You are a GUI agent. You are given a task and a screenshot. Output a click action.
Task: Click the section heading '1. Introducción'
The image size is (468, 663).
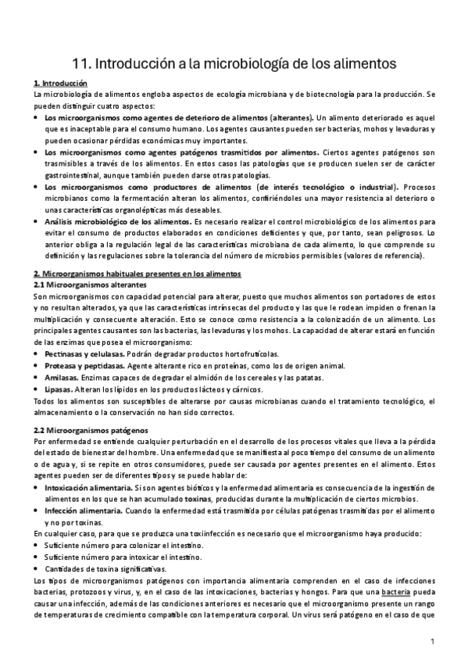click(x=61, y=83)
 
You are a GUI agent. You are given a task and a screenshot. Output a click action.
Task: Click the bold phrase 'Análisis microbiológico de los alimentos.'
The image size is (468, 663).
click(x=113, y=222)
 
